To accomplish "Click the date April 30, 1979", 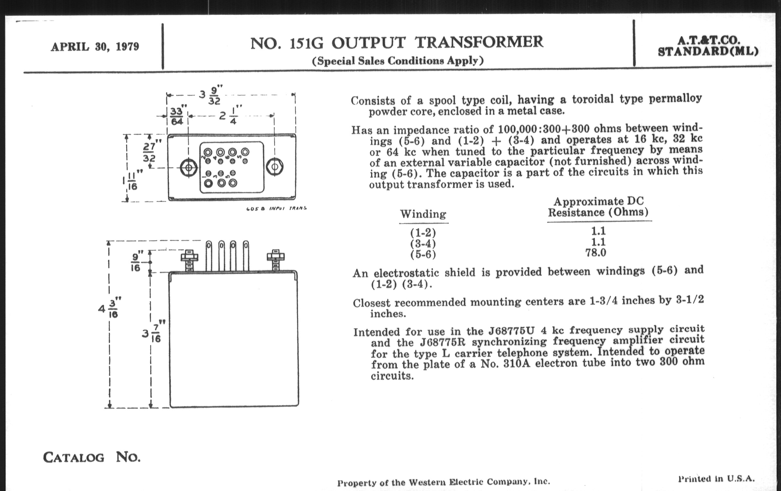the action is [95, 47].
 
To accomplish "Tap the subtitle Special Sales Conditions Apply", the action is [398, 61].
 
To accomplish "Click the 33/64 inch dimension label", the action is [177, 116].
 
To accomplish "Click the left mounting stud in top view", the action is [189, 168].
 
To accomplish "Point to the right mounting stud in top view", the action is [274, 167].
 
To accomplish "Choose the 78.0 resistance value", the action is [595, 253].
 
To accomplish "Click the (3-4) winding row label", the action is [423, 243].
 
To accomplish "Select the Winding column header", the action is [423, 214].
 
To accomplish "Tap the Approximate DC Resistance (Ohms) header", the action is [598, 207].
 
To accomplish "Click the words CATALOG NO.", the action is [92, 457].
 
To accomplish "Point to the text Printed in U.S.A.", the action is [716, 479].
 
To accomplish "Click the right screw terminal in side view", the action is [275, 260].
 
